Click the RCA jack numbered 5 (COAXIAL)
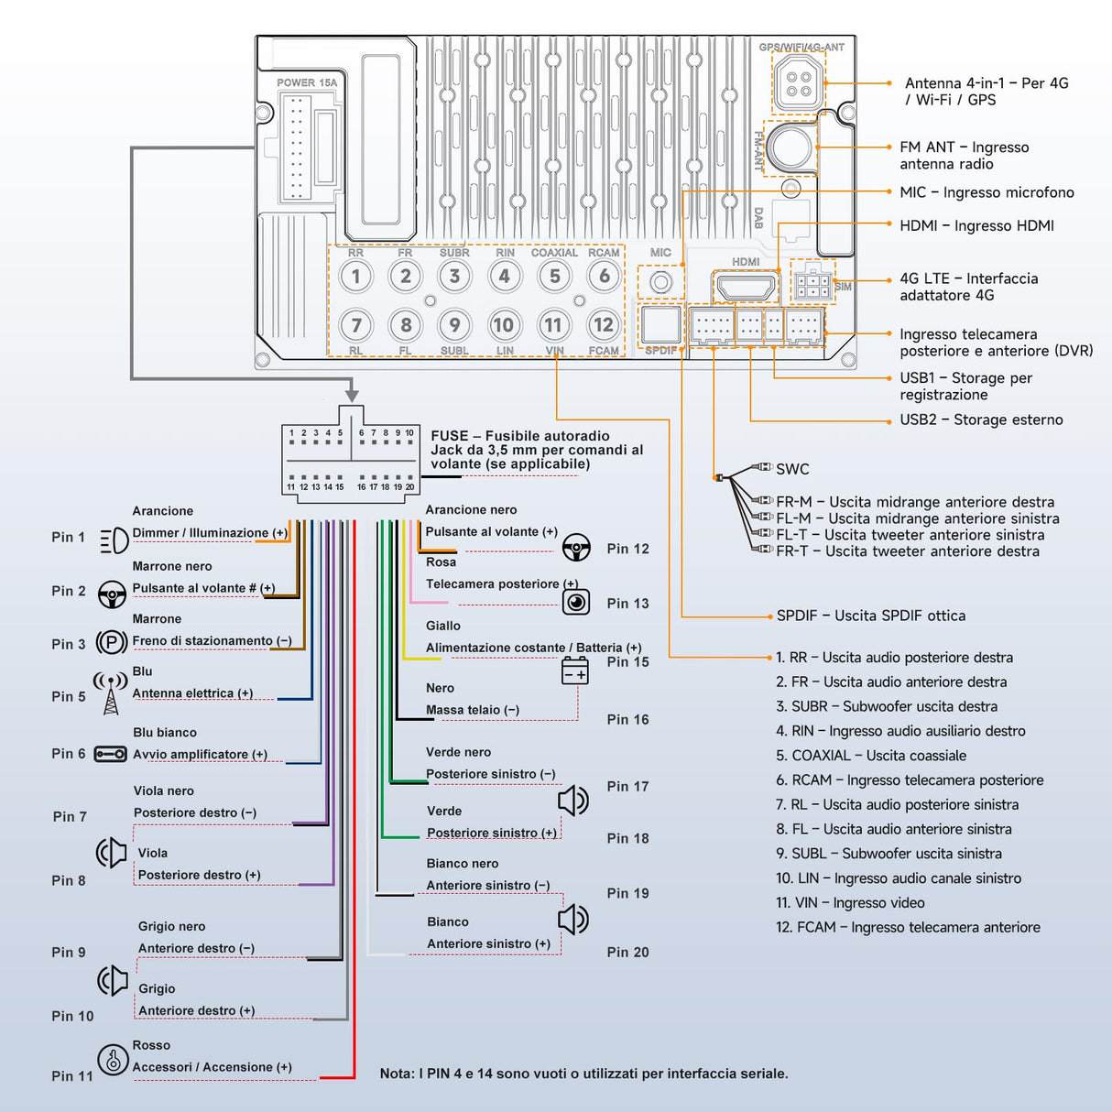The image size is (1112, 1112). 554,277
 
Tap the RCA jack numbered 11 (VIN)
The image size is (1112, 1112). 553,325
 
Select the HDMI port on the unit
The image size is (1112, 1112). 746,288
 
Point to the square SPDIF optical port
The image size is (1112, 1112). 660,324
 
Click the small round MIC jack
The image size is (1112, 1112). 660,282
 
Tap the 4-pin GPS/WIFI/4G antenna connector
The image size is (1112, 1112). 798,82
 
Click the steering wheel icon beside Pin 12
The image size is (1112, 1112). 575,548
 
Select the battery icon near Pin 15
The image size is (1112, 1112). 574,671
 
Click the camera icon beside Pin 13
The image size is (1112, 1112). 575,602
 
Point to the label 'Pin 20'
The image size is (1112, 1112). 627,953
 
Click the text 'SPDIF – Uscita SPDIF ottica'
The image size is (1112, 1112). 870,616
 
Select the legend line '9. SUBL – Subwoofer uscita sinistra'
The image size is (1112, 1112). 889,854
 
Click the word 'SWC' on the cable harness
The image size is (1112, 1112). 792,469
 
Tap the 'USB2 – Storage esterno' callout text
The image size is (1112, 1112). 981,420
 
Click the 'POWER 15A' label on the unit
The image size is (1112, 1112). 307,82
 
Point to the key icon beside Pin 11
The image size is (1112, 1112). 113,1060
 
